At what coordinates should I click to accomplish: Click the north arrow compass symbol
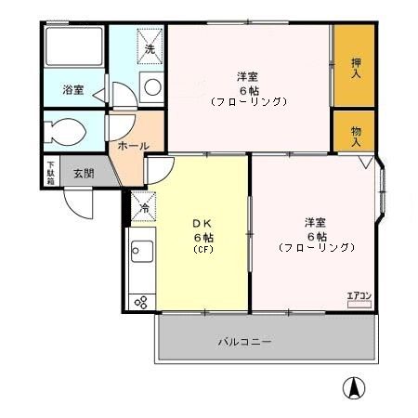pos(354,387)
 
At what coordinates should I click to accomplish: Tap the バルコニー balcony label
pos(245,342)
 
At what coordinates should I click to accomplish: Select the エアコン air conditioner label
pos(359,296)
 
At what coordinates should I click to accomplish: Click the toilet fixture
pos(65,132)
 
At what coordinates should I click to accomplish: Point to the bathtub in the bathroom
pos(74,46)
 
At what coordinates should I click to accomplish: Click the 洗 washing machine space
pos(150,46)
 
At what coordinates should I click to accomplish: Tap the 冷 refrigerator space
pos(144,206)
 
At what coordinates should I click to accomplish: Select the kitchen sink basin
pos(142,251)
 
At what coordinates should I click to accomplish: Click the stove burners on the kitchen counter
pos(141,303)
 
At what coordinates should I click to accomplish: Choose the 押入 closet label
pos(356,68)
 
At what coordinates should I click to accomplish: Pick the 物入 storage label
pos(356,137)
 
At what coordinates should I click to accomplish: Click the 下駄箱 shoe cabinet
pos(50,173)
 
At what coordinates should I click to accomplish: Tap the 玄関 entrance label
pos(84,174)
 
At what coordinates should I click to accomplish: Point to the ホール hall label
pos(134,146)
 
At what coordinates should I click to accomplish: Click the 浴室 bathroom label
pos(73,90)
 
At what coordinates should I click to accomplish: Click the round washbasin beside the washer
pos(152,87)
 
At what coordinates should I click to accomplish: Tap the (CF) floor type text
pos(203,250)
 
